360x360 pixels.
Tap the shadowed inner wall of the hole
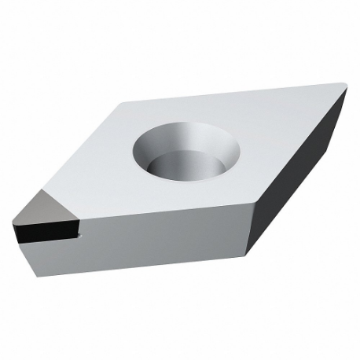(x=157, y=149)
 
